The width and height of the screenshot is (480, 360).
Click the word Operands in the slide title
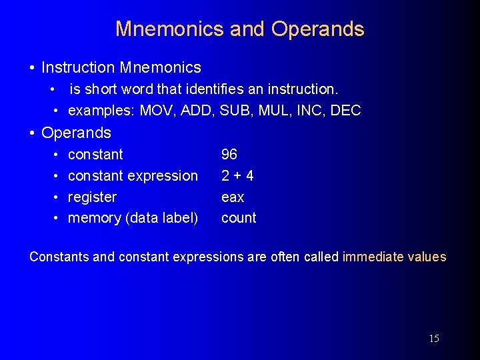[318, 29]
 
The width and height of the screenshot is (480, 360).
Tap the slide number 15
[434, 339]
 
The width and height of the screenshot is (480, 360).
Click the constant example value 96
[229, 155]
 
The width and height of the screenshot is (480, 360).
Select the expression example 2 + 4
[237, 176]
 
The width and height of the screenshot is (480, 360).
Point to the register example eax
[233, 197]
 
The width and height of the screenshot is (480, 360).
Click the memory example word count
[239, 219]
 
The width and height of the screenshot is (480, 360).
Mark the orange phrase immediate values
[394, 257]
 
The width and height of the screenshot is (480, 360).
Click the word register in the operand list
[92, 197]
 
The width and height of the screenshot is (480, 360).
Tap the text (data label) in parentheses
[161, 219]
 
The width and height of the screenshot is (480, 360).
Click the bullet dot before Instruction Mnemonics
[33, 68]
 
